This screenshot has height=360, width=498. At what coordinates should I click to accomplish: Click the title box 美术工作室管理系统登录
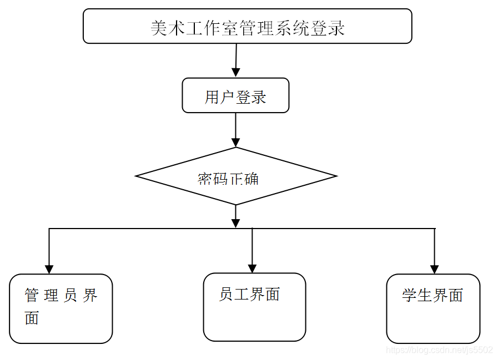click(x=247, y=26)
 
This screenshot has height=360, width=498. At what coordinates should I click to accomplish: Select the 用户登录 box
click(x=235, y=95)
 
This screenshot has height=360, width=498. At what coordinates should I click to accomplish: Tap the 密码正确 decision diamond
click(x=236, y=176)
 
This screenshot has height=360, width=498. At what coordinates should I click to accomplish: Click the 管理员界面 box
click(x=61, y=308)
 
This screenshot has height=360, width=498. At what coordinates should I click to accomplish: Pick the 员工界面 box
click(x=254, y=307)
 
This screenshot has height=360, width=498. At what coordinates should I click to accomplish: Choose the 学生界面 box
click(x=433, y=308)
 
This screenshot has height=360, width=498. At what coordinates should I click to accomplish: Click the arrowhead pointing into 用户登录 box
click(x=235, y=73)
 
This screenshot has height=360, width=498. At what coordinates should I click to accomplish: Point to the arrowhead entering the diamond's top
click(x=235, y=142)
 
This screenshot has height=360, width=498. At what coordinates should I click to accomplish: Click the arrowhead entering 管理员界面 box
click(x=49, y=269)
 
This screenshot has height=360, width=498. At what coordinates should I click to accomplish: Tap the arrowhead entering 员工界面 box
click(x=252, y=268)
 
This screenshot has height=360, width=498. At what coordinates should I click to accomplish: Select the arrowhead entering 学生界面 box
click(x=434, y=269)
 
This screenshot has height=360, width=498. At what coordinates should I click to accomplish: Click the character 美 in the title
click(x=159, y=28)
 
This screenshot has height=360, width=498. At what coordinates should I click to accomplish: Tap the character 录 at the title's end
click(x=335, y=28)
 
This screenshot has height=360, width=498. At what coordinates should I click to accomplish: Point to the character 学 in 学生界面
click(x=410, y=295)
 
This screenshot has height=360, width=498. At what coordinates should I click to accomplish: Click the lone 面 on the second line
click(x=32, y=318)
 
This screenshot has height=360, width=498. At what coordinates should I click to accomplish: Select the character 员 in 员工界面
click(x=226, y=294)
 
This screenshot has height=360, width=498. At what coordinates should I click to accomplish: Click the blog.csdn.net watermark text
click(x=439, y=350)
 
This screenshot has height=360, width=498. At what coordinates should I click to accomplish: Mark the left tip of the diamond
click(x=137, y=176)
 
